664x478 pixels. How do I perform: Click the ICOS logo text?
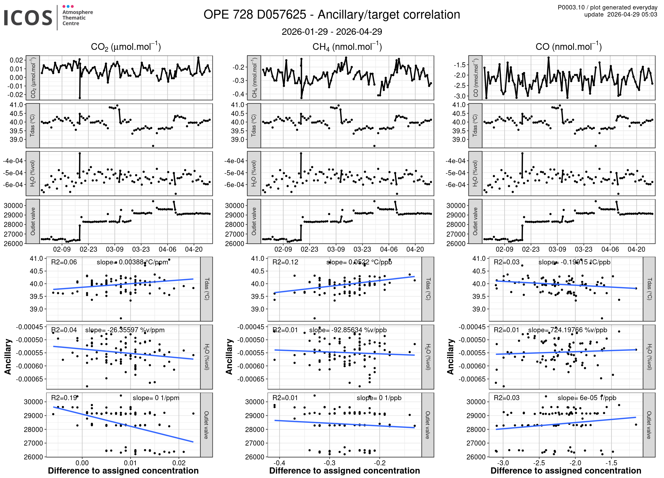pos(28,18)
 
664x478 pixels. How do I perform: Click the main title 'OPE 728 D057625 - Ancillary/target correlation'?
pos(332,15)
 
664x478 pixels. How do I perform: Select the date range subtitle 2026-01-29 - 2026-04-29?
pos(332,32)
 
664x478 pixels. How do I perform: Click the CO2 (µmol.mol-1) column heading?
pos(126,47)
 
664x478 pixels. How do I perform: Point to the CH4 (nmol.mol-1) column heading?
pos(347,47)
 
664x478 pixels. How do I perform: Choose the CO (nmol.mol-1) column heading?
pos(568,47)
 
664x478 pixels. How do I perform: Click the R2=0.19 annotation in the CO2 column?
pos(64,398)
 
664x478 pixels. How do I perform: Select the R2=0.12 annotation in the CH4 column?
pos(285,262)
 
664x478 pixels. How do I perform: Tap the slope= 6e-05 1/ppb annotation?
pos(587,398)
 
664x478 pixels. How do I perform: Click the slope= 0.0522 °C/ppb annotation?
pos(359,262)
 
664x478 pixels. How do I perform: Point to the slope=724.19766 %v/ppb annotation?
pos(567,330)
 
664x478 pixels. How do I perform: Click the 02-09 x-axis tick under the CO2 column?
pos(62,249)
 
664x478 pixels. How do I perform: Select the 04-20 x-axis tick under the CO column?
pos(636,249)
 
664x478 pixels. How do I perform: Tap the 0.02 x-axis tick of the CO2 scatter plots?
pos(179,463)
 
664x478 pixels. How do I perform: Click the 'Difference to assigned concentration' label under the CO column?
pos(566,471)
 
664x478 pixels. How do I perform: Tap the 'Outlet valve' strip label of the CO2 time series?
pos(33,221)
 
